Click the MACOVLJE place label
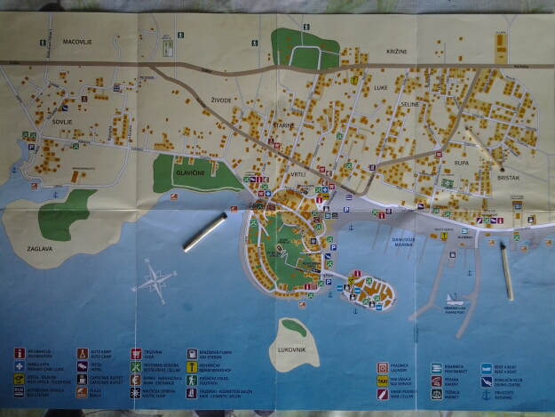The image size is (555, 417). [78, 42]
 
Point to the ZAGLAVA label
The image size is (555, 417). [40, 250]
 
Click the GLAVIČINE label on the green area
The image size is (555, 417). [191, 174]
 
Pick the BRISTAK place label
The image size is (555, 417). [509, 179]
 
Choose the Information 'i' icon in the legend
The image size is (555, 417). [20, 353]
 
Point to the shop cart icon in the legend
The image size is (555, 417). [136, 353]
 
